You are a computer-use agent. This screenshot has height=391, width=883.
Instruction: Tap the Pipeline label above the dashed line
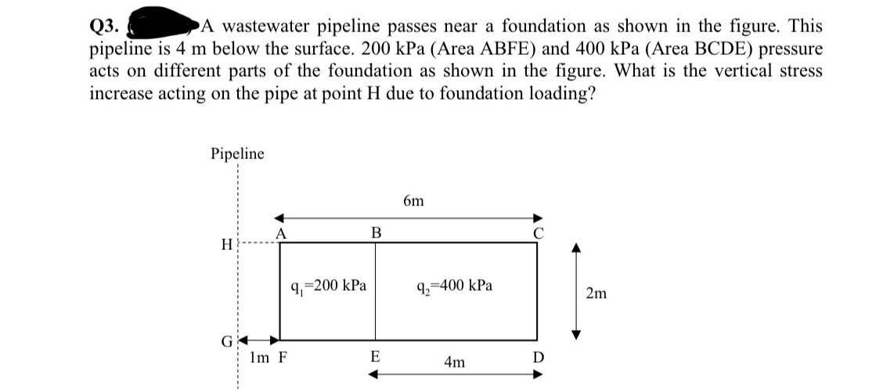point(237,154)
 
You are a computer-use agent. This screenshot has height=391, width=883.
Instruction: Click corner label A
point(281,232)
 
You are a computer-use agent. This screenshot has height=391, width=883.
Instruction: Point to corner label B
point(376,232)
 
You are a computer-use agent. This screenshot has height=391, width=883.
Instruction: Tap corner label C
point(536,232)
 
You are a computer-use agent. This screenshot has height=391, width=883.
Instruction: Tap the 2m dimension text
point(596,294)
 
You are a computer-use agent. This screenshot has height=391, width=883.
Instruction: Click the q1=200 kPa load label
point(328,285)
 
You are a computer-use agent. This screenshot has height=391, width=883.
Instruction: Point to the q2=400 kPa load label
point(456,285)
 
